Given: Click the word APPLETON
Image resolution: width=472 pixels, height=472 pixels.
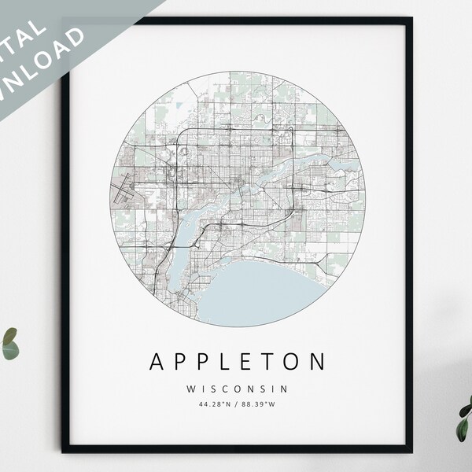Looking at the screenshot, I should pos(237,363).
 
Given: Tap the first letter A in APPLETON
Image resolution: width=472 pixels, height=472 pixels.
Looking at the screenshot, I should pos(157,363).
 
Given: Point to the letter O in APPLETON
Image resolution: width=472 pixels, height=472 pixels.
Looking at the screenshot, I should pos(292,363).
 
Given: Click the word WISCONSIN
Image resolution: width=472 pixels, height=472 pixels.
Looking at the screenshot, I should pos(237,388).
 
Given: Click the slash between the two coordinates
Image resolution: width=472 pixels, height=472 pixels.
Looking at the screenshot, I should pos(237,405).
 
